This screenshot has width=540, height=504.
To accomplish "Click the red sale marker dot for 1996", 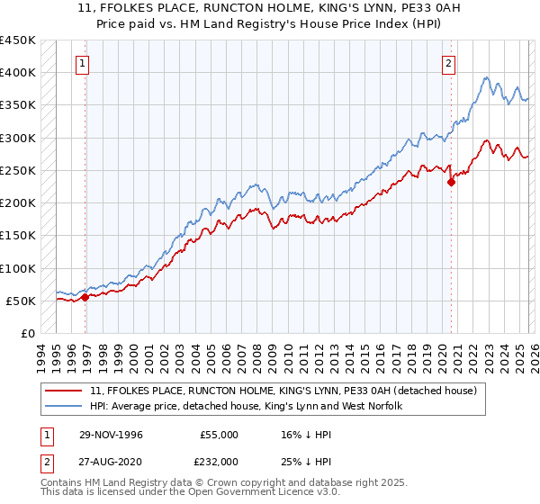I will coord(85,297).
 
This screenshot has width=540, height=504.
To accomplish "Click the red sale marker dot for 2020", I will coord(452,182).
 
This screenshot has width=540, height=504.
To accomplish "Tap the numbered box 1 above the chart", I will coord(83,63).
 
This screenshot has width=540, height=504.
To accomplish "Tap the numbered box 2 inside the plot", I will coord(448,63).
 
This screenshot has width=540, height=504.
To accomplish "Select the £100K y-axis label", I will coord(17,268).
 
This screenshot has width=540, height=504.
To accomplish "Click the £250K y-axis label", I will coord(17,170).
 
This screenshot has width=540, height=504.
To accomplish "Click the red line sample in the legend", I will coord(64,391).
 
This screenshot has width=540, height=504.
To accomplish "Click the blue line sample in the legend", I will coord(64,407).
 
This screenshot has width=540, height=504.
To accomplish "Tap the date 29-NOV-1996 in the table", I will coord(109,435).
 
